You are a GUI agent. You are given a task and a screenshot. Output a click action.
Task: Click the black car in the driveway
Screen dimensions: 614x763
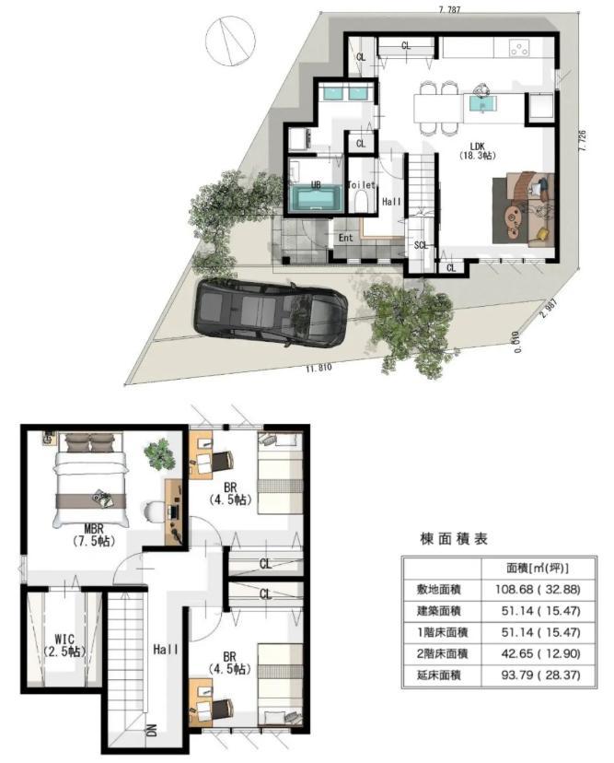pyautogui.click(x=271, y=313)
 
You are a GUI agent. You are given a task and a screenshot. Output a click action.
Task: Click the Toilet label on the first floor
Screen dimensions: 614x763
pyautogui.click(x=361, y=185)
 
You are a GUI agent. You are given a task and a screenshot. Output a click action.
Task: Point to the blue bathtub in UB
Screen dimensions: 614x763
pyautogui.click(x=316, y=198)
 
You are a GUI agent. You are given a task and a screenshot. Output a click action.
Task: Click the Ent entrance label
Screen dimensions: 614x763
pyautogui.click(x=345, y=238)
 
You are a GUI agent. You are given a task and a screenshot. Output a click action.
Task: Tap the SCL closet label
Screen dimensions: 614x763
pyautogui.click(x=421, y=245)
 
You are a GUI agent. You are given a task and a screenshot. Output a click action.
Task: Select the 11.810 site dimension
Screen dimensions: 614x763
pyautogui.click(x=319, y=368)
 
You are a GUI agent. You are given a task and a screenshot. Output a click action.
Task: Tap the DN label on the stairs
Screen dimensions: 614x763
pyautogui.click(x=151, y=730)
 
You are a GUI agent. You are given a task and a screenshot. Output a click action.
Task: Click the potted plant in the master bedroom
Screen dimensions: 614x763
pyautogui.click(x=159, y=454)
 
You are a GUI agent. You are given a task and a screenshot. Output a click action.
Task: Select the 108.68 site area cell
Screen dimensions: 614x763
pyautogui.click(x=538, y=589)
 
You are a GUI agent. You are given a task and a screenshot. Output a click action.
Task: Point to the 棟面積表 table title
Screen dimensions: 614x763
pyautogui.click(x=453, y=539)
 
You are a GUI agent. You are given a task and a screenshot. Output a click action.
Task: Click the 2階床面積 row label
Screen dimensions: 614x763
pyautogui.click(x=443, y=653)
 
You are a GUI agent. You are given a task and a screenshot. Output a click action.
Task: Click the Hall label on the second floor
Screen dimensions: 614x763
pyautogui.click(x=166, y=650)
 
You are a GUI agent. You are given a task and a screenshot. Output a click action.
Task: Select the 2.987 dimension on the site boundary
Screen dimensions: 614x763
pyautogui.click(x=547, y=309)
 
